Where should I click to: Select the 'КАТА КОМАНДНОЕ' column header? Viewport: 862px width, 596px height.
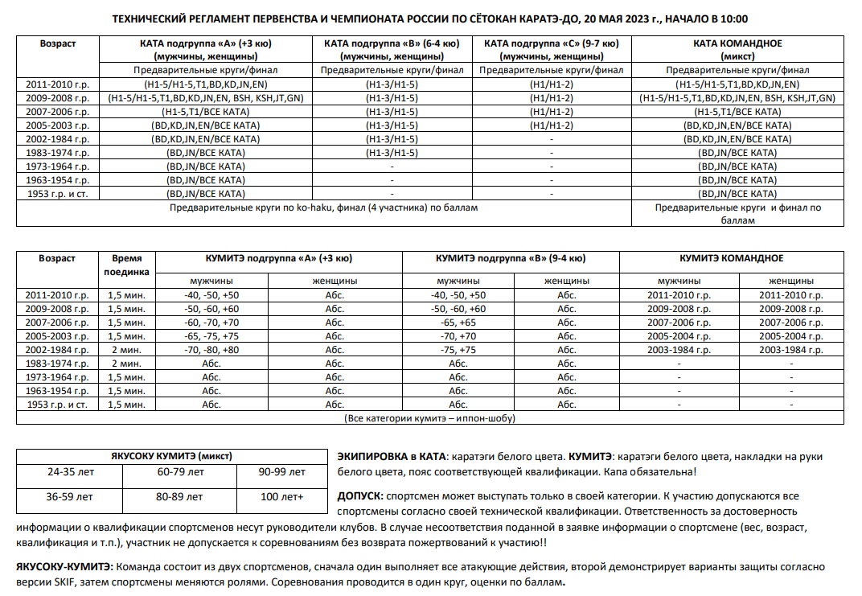coord(737,43)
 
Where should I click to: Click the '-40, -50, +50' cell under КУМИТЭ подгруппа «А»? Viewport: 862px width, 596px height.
coord(211,295)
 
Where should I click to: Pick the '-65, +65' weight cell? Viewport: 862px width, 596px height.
coord(458,323)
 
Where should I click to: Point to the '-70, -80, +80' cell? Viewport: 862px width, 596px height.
coord(211,350)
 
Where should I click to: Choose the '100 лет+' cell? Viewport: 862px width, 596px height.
coord(282,496)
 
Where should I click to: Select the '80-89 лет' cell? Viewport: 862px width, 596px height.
coord(179,496)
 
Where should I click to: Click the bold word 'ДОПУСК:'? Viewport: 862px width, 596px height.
coord(360,496)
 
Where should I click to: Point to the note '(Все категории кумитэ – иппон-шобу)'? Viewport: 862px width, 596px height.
coord(430,418)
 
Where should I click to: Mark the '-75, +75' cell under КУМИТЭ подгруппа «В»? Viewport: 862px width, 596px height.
coord(458,350)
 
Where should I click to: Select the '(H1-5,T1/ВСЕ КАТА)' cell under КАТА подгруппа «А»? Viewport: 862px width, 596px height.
coord(205,111)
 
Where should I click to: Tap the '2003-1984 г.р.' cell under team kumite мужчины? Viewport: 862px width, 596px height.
coord(679,350)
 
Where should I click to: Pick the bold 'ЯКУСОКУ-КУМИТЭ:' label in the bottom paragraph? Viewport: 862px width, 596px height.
coord(62,566)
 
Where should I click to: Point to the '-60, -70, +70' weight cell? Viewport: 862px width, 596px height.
coord(211,323)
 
